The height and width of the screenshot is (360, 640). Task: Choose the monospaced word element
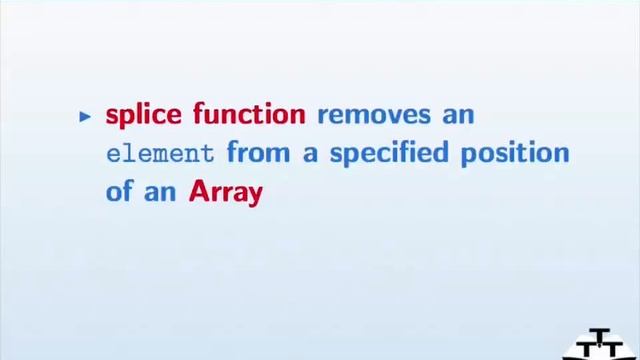[160, 155]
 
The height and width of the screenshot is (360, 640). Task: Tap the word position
[520, 155]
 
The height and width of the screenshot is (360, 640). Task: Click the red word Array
[225, 193]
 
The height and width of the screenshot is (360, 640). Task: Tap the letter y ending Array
[254, 196]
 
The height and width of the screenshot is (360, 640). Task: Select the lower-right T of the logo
[616, 351]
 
